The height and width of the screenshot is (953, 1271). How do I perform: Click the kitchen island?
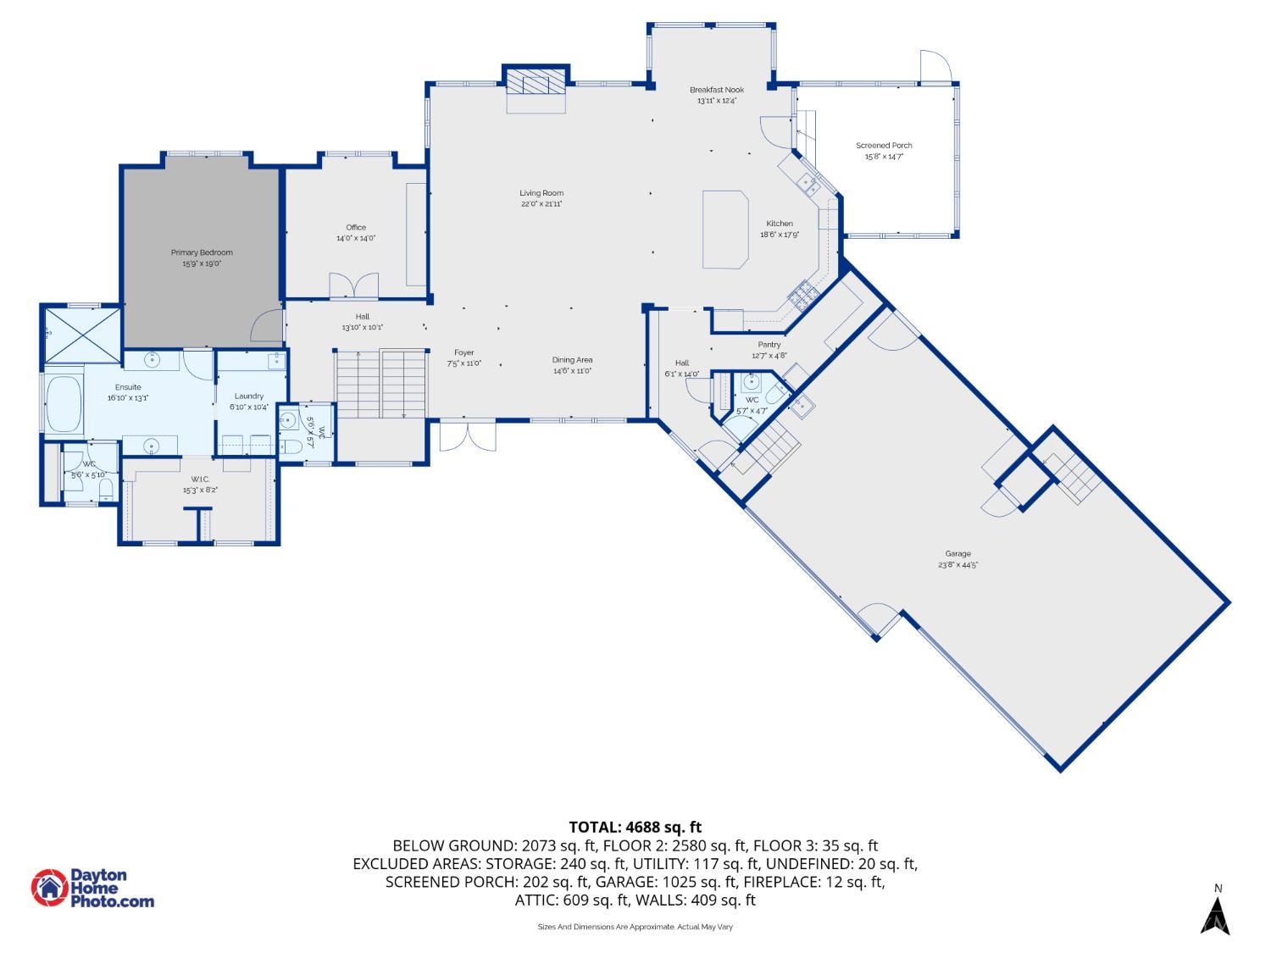pyautogui.click(x=726, y=229)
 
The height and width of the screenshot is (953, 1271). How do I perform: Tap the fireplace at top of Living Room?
pyautogui.click(x=536, y=84)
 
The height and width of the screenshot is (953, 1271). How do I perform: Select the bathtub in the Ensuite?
pyautogui.click(x=64, y=404)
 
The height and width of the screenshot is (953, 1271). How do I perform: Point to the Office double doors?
pyautogui.click(x=353, y=285)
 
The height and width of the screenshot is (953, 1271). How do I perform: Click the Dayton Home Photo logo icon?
pyautogui.click(x=49, y=888)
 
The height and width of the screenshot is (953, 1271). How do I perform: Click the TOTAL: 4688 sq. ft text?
pyautogui.click(x=635, y=827)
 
